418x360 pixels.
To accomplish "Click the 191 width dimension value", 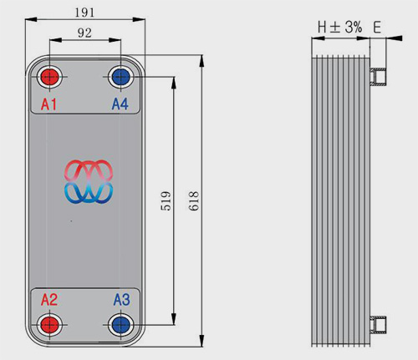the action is (84, 13).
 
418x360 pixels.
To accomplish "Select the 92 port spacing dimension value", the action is (84, 33).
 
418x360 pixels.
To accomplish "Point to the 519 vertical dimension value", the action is (166, 200).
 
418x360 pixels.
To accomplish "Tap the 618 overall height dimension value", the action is (194, 200).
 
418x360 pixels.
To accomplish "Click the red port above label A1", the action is (49, 77).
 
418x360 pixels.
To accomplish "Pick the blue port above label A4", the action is (120, 77).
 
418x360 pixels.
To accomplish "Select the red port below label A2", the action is (49, 325).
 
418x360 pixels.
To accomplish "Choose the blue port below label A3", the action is (120, 325).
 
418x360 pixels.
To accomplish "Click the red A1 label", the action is (48, 104).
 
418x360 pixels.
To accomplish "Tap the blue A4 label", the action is (120, 104).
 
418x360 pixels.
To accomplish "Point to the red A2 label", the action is (49, 300).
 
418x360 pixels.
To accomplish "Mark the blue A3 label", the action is (121, 300).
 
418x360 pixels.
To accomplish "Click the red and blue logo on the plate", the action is (89, 181).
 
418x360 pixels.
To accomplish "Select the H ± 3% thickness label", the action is (339, 28).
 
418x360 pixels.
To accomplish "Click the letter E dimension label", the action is (377, 28).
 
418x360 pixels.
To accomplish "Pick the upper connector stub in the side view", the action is (378, 77).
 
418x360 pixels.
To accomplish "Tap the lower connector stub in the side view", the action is (378, 325).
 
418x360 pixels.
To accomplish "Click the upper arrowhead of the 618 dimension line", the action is (202, 61).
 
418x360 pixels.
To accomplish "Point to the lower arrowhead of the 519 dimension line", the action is (174, 318).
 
